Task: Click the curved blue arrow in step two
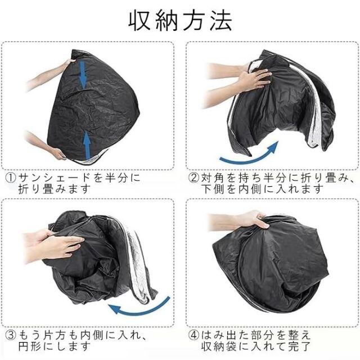[x=249, y=154]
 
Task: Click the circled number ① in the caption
[x=10, y=178]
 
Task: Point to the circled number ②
[x=194, y=178]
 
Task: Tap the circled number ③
[x=10, y=336]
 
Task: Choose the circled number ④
[x=194, y=336]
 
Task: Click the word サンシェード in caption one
[x=55, y=178]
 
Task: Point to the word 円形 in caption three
[x=30, y=346]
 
